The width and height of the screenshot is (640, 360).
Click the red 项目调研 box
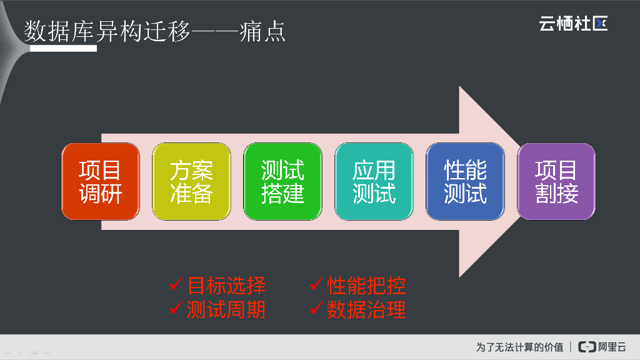(x=100, y=181)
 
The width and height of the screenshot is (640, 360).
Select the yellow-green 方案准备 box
(x=191, y=181)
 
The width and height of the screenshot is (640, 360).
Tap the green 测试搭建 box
(x=282, y=181)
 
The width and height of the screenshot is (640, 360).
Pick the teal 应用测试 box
(x=374, y=181)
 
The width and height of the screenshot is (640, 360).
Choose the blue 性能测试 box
(x=465, y=181)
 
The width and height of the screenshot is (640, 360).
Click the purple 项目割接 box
(x=556, y=181)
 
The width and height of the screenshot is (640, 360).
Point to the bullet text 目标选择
(x=226, y=286)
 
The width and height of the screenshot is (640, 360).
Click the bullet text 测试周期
(x=226, y=309)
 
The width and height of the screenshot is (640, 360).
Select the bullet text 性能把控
(x=366, y=286)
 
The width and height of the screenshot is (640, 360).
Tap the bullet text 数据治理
(x=366, y=309)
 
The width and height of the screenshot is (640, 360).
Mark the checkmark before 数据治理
(x=316, y=308)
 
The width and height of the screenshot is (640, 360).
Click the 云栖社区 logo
(x=573, y=24)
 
